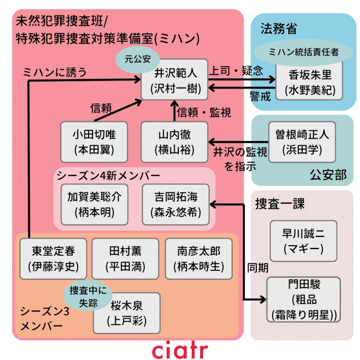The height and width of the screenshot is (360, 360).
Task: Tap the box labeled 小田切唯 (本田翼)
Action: tap(94, 142)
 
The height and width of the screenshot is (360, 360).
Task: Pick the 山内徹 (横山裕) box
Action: tap(174, 142)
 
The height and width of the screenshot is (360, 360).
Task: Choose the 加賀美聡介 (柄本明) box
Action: tap(94, 204)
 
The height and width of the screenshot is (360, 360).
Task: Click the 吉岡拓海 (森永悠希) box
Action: tap(176, 204)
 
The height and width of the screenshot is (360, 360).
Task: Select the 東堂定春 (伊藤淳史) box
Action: tap(53, 259)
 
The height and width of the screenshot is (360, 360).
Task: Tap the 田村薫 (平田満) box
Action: tap(125, 259)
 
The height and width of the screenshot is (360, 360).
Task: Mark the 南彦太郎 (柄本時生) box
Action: tap(198, 259)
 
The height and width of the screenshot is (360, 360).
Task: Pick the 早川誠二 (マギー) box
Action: tap(303, 241)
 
